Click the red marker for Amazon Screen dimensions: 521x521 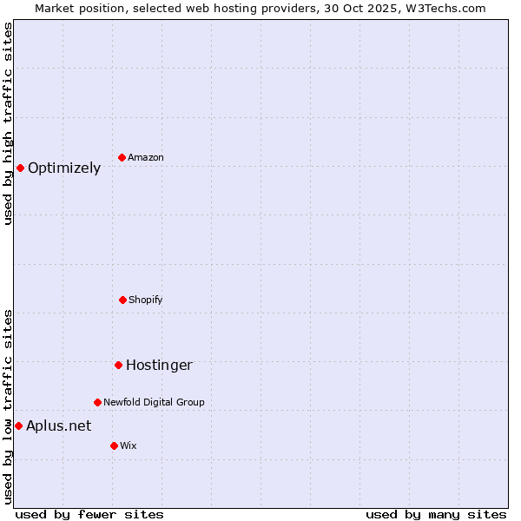click(122, 157)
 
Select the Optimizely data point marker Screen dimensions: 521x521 click(20, 168)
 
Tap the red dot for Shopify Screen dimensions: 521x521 click(122, 300)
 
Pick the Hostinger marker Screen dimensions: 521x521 click(118, 365)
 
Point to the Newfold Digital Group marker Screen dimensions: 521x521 click(97, 402)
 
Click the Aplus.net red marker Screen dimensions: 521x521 click(18, 425)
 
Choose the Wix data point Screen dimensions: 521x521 click(114, 445)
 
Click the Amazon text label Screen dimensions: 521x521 click(146, 157)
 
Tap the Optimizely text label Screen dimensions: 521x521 click(64, 168)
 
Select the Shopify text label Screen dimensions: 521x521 click(146, 300)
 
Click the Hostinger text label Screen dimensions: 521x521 click(159, 366)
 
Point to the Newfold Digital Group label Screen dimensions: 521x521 click(154, 402)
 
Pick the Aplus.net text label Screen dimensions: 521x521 click(58, 425)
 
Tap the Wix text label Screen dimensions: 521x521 click(129, 445)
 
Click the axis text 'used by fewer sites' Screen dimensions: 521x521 click(89, 514)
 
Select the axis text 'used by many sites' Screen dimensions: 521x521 click(436, 514)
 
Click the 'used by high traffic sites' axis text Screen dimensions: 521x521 click(8, 123)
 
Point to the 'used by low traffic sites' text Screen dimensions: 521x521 click(8, 406)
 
